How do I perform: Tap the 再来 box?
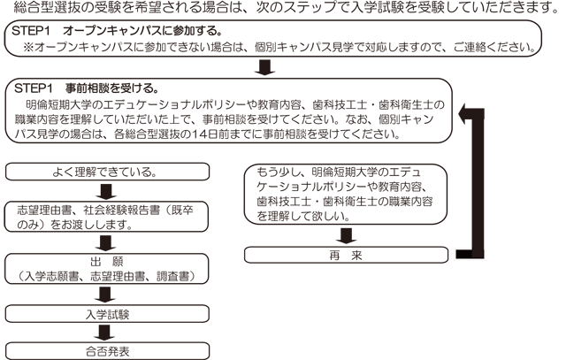point(347,255)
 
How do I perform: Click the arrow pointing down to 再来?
point(347,235)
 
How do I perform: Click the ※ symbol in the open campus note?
point(30,46)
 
